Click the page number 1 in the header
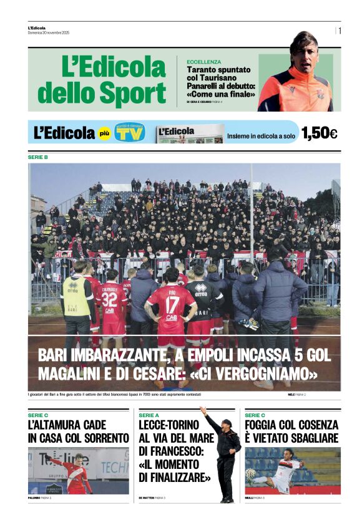point(340,30)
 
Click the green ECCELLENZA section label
point(203,62)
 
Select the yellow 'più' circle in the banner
point(105,133)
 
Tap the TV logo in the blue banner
point(130,133)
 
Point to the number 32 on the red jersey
point(110,300)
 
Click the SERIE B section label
point(37,157)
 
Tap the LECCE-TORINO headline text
point(169,425)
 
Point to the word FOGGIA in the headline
point(267,425)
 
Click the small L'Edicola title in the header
point(37,27)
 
